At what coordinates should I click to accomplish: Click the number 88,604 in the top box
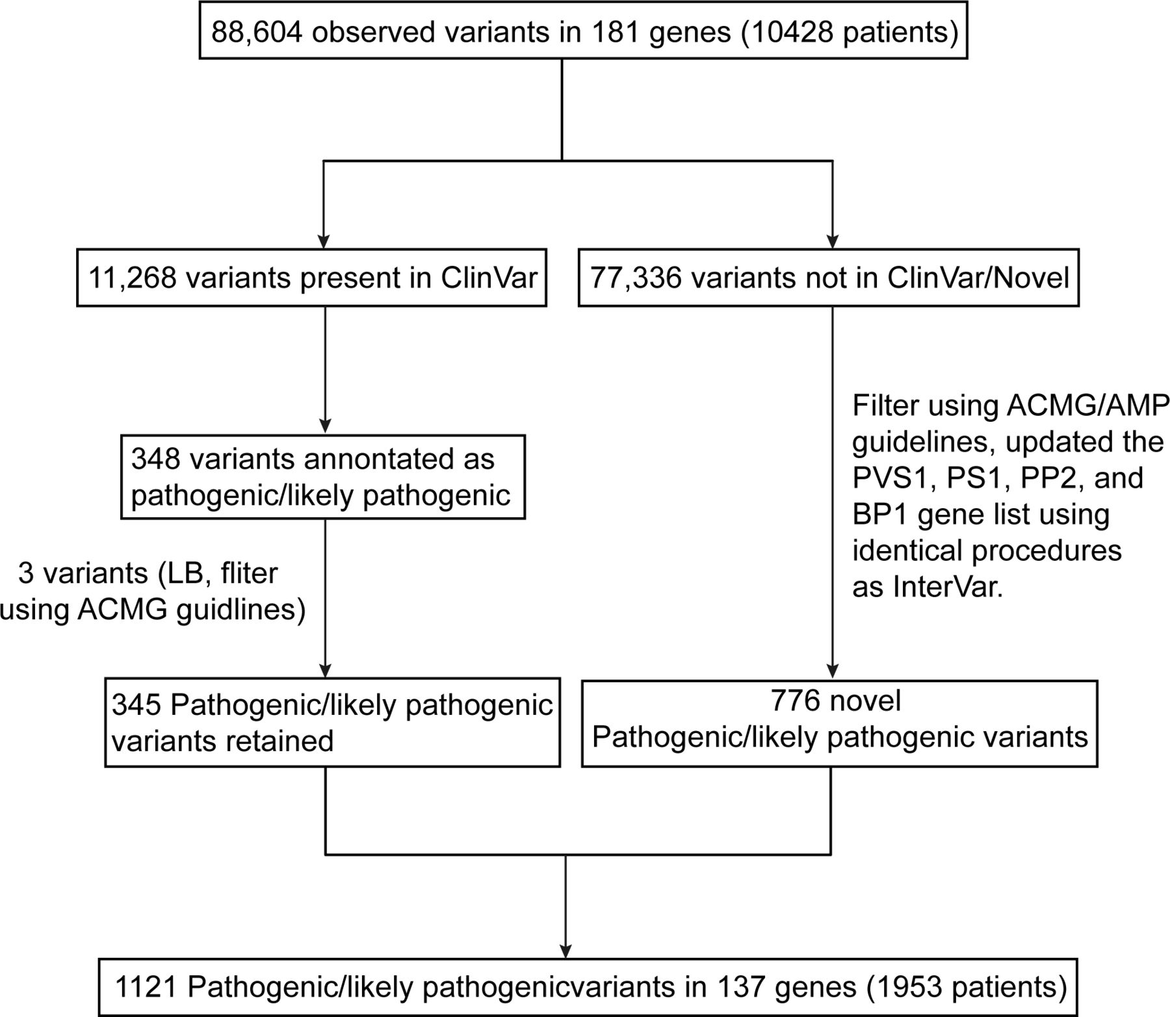point(256,32)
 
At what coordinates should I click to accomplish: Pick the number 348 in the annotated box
point(155,459)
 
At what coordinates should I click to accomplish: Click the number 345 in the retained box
point(136,704)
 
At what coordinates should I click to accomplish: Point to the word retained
point(281,741)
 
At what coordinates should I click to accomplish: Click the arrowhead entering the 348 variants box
point(325,426)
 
